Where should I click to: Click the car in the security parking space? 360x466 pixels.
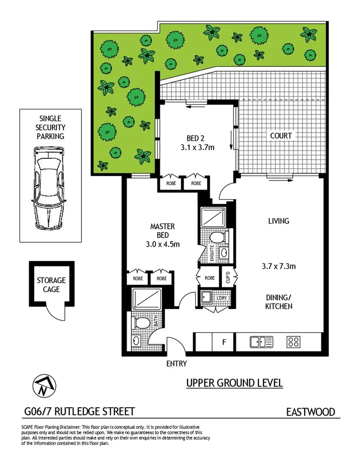pyautogui.click(x=49, y=189)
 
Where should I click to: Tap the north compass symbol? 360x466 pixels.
pyautogui.click(x=42, y=386)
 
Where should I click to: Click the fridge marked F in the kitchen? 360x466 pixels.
pyautogui.click(x=224, y=342)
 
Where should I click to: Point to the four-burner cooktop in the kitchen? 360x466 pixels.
pyautogui.click(x=293, y=342)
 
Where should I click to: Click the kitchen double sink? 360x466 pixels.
pyautogui.click(x=261, y=342)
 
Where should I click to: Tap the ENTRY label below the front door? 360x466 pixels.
pyautogui.click(x=175, y=363)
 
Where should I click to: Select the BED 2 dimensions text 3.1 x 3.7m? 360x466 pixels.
pyautogui.click(x=198, y=147)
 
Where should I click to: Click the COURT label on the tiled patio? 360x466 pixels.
pyautogui.click(x=281, y=136)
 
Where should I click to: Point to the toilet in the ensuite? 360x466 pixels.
pyautogui.click(x=217, y=237)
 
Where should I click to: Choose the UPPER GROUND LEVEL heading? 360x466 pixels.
pyautogui.click(x=234, y=383)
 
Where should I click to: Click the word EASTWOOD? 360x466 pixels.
pyautogui.click(x=310, y=412)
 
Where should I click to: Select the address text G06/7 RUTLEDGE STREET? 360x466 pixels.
pyautogui.click(x=79, y=412)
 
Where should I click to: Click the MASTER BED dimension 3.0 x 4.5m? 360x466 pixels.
pyautogui.click(x=162, y=244)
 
